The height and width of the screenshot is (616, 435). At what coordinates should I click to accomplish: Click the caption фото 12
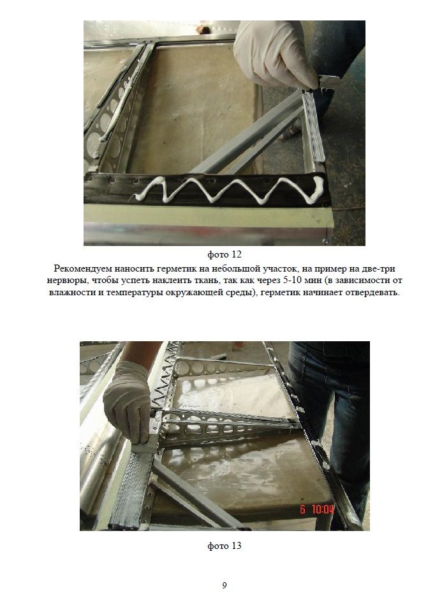tap(225, 254)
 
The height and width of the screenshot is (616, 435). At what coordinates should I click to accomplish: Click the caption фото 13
tap(225, 546)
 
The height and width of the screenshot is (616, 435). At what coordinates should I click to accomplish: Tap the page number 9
tap(225, 585)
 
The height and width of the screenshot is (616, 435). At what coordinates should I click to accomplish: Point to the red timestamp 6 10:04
tap(317, 509)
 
